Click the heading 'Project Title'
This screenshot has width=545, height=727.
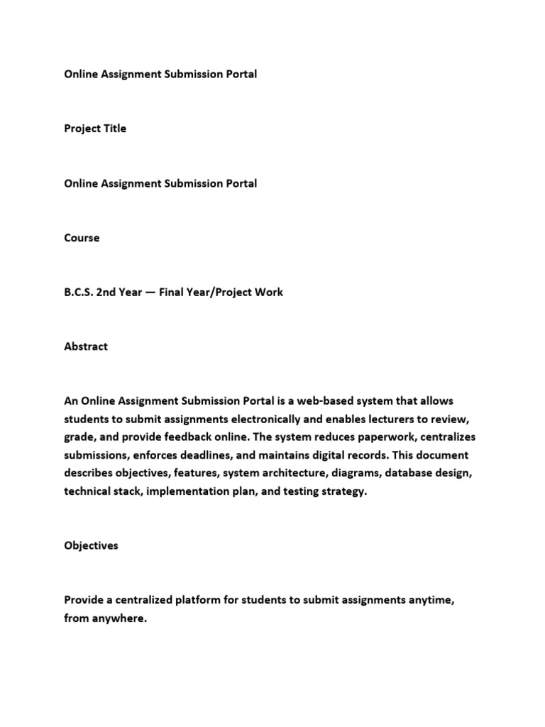coord(95,129)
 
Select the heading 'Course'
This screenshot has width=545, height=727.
coord(82,238)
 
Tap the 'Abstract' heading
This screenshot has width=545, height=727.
coord(86,346)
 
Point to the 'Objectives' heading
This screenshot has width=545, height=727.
coord(91,546)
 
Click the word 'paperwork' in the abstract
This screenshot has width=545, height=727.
coord(380,437)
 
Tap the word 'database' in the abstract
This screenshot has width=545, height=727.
coord(412,473)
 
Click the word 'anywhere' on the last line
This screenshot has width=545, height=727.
coord(121,618)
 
